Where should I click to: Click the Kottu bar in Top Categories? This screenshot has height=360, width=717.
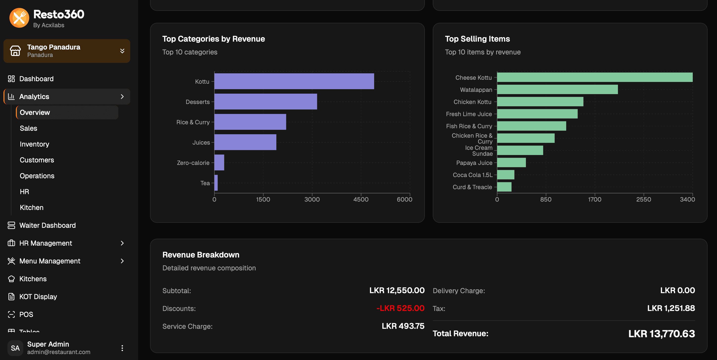294,81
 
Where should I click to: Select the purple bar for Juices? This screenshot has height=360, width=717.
245,142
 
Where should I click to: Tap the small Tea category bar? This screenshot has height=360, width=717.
216,183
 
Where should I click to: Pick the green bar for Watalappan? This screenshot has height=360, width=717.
557,89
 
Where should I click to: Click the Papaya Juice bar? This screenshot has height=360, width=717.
511,163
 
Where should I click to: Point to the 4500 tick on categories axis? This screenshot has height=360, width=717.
361,199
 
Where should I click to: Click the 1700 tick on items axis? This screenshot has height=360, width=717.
594,199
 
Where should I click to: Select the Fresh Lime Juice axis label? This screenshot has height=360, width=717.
469,114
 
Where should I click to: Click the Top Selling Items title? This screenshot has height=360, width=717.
477,39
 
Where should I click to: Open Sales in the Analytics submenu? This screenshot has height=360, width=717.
28,128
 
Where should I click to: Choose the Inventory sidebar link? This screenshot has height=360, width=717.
34,144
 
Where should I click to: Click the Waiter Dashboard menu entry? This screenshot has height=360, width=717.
47,225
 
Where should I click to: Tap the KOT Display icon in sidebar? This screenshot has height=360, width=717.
11,297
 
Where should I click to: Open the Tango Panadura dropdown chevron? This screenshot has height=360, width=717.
122,51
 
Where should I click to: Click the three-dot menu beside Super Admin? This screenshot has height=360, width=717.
122,348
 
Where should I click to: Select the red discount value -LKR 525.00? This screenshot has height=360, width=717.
400,308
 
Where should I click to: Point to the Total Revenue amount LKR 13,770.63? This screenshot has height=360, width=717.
661,334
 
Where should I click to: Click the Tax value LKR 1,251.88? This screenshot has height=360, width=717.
671,308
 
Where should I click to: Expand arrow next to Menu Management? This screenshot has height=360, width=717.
122,261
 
